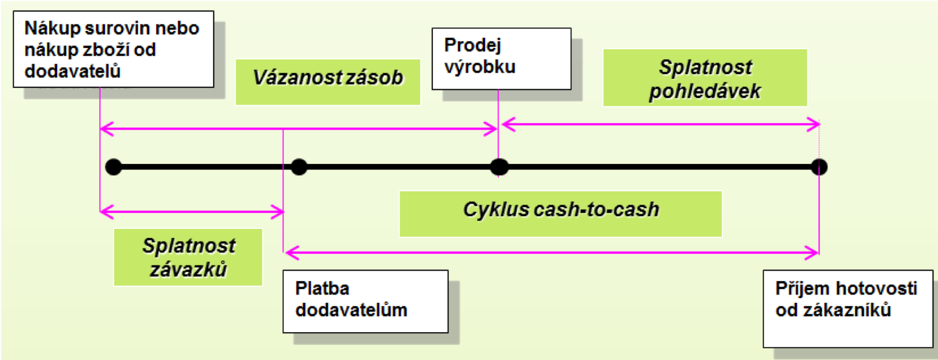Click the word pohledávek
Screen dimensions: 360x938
pyautogui.click(x=705, y=92)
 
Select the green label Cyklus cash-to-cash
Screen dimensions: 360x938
pyautogui.click(x=560, y=210)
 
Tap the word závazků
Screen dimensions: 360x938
pyautogui.click(x=188, y=268)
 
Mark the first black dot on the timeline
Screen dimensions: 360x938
pyautogui.click(x=113, y=166)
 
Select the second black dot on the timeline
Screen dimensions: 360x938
pyautogui.click(x=299, y=166)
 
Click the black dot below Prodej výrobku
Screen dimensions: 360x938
pyautogui.click(x=498, y=166)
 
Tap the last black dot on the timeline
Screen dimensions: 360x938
pyautogui.click(x=819, y=166)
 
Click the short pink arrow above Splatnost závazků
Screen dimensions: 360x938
pyautogui.click(x=191, y=212)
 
